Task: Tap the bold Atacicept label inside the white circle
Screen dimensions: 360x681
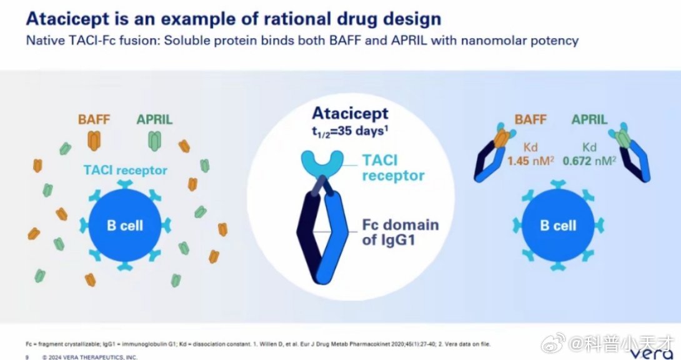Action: (350, 114)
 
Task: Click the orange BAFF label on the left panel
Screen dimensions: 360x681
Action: (93, 119)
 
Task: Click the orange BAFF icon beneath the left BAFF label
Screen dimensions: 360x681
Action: (93, 141)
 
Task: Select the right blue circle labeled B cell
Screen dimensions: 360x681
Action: (557, 225)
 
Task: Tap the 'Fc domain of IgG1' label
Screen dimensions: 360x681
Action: (400, 232)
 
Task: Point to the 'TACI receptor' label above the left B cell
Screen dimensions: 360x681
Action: (125, 170)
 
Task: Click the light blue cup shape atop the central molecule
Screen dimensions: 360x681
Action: (322, 161)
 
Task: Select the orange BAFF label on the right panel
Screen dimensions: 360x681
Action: (531, 119)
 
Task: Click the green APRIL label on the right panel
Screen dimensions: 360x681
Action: (589, 119)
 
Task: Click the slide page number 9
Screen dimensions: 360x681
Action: (27, 357)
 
